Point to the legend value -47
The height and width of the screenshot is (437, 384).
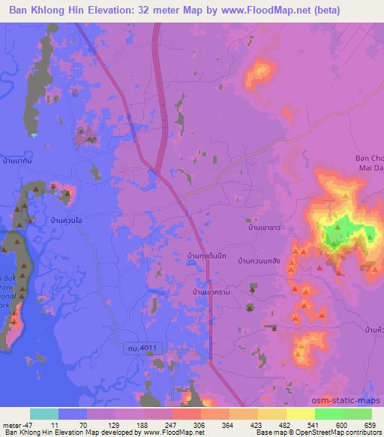pyautogui.click(x=14, y=424)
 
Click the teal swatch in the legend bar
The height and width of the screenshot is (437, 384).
pyautogui.click(x=44, y=414)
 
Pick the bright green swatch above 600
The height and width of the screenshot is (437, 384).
pyautogui.click(x=329, y=414)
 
